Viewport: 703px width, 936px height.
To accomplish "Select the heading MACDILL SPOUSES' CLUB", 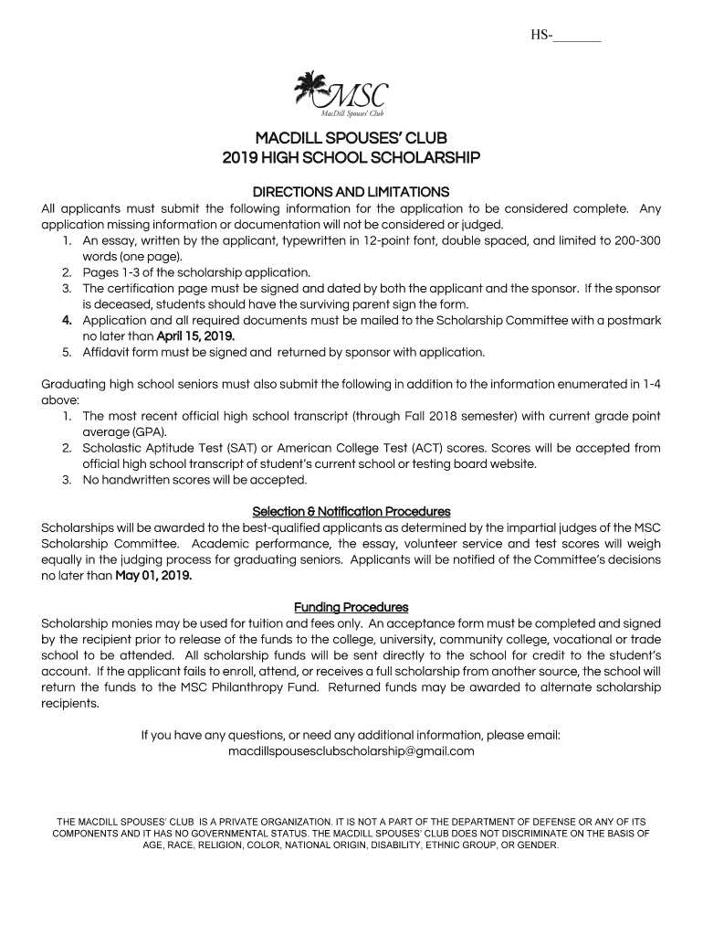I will point(351,139).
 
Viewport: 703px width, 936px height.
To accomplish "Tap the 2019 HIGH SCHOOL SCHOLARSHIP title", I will point(351,158).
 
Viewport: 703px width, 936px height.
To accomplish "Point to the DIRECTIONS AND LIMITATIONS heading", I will point(351,192).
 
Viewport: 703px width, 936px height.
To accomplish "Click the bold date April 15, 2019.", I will point(195,336).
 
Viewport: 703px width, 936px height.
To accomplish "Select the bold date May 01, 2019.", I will point(153,576).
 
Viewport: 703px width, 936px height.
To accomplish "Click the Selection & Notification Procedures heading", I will point(351,511).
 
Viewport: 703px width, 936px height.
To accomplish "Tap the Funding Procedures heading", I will point(351,608).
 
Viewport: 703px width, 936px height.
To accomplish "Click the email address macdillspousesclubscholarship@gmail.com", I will point(351,751).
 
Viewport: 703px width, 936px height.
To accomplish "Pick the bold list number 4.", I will point(67,321).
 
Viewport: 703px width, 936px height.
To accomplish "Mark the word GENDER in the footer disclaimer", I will point(539,846).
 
